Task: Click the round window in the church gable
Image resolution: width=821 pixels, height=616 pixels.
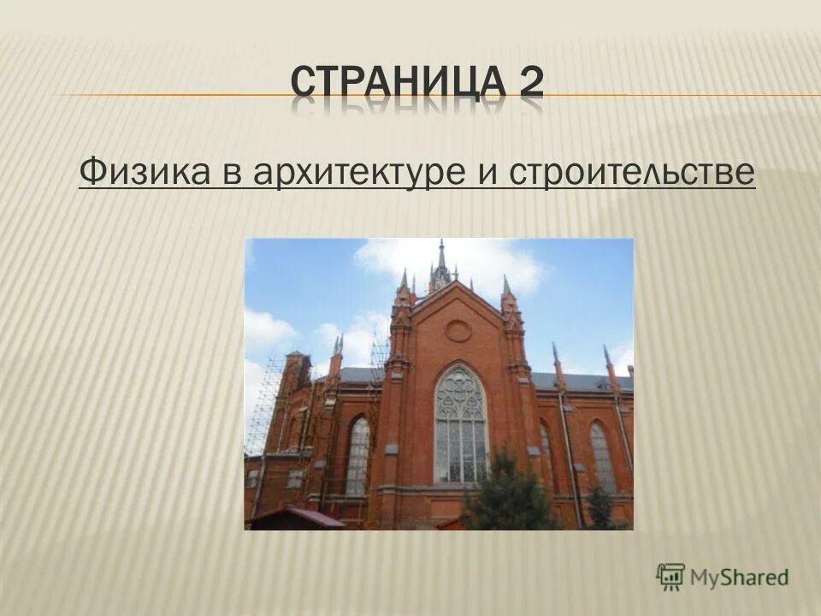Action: pyautogui.click(x=458, y=330)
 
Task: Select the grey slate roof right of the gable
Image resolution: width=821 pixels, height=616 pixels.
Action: pyautogui.click(x=582, y=381)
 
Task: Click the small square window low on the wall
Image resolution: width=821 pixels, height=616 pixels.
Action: pyautogui.click(x=295, y=479)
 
